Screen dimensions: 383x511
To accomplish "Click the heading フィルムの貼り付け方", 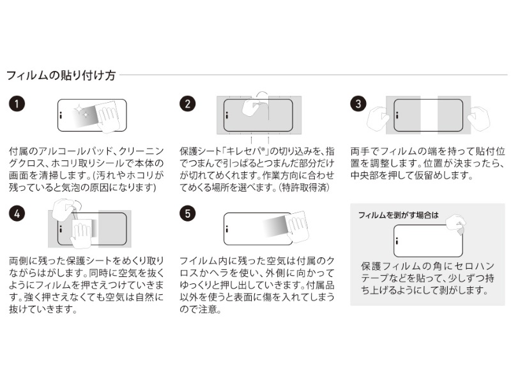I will click(61, 76).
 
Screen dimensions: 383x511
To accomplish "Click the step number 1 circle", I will click(18, 104).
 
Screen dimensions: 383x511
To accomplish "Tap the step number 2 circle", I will click(187, 104).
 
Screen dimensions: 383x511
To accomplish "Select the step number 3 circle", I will click(358, 104).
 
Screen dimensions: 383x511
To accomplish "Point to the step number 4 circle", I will click(18, 214).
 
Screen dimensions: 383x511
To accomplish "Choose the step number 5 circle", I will click(187, 214).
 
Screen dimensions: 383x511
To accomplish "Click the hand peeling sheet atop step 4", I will click(63, 207).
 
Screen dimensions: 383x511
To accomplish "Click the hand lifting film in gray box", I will click(455, 222).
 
